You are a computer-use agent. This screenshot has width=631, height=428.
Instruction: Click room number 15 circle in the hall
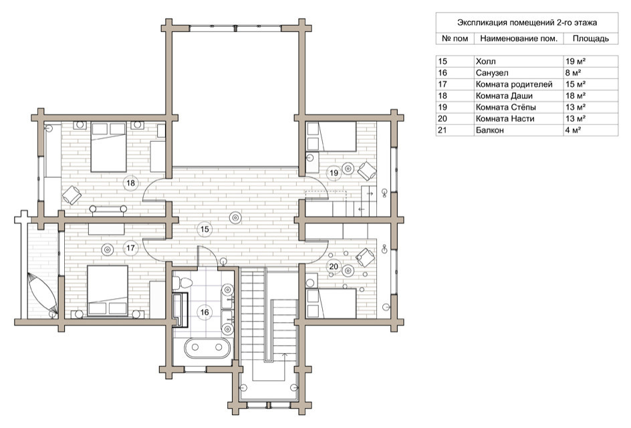pyautogui.click(x=205, y=229)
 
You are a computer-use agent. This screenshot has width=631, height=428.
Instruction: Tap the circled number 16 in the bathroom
pyautogui.click(x=205, y=312)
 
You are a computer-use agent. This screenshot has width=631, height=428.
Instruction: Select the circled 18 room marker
pyautogui.click(x=130, y=183)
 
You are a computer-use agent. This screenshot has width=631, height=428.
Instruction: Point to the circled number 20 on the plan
pyautogui.click(x=334, y=266)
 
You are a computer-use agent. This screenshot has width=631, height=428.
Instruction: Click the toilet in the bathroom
pyautogui.click(x=182, y=282)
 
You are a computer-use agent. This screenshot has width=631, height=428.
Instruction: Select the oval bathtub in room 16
pyautogui.click(x=208, y=347)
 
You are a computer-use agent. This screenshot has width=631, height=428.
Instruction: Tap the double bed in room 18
pyautogui.click(x=109, y=147)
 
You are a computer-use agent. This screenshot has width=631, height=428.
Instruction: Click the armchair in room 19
pyautogui.click(x=367, y=171)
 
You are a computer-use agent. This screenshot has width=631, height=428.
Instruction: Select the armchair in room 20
pyautogui.click(x=366, y=257)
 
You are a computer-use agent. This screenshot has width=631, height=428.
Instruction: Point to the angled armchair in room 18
pyautogui.click(x=72, y=195)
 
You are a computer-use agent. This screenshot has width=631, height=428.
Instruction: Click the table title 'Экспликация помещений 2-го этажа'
pyautogui.click(x=527, y=23)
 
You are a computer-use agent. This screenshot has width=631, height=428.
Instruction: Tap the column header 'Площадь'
pyautogui.click(x=590, y=39)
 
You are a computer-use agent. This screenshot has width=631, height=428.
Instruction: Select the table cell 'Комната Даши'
pyautogui.click(x=504, y=96)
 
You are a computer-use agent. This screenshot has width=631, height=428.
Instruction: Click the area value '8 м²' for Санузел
pyautogui.click(x=573, y=73)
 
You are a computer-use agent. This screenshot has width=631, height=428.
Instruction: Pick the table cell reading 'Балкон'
pyautogui.click(x=489, y=130)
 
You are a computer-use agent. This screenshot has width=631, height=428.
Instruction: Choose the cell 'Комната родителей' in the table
pyautogui.click(x=514, y=84)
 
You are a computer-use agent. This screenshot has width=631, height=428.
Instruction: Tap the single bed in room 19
pyautogui.click(x=332, y=137)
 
